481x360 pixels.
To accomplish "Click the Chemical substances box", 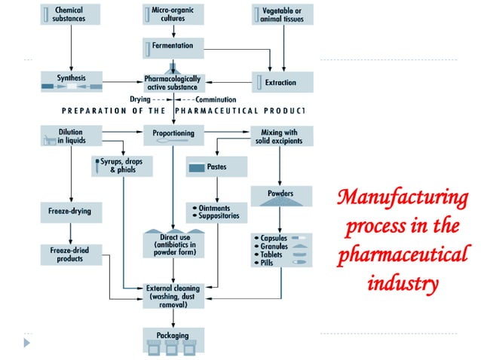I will click(x=70, y=14).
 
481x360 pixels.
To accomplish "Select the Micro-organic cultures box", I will click(x=173, y=14).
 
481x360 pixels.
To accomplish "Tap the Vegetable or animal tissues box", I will click(x=282, y=14).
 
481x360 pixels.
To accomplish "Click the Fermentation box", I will click(x=173, y=47).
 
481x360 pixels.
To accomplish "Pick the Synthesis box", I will click(x=70, y=81).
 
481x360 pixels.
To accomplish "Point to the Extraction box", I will click(x=282, y=81).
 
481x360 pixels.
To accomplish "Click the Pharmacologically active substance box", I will click(x=173, y=81).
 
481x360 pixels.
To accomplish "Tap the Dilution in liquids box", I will click(x=70, y=136).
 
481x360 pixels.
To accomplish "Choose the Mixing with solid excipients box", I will click(x=282, y=136).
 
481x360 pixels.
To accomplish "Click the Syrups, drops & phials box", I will click(x=120, y=166).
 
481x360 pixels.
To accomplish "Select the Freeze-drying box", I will click(x=70, y=211).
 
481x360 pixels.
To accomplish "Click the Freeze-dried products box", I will click(x=70, y=254).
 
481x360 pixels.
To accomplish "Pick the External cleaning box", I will click(x=173, y=294).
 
